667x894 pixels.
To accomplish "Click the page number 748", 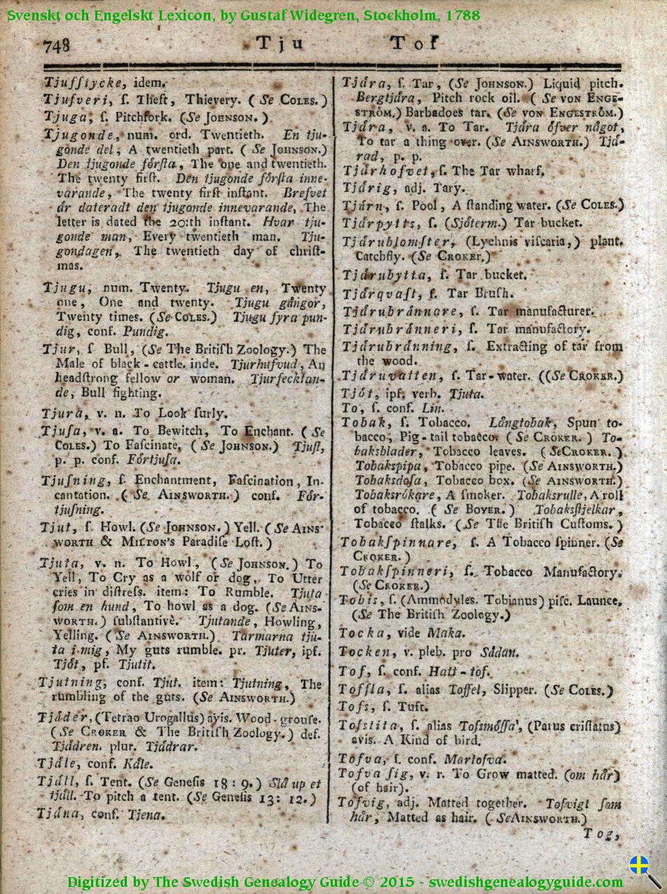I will point(57,46).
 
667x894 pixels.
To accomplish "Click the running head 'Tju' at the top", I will point(280,43).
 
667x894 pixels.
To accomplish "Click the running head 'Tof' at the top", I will point(413,43).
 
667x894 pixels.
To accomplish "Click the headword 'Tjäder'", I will point(65,718).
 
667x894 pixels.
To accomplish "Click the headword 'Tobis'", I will point(359,600).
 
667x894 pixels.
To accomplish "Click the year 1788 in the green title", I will point(462,13).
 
